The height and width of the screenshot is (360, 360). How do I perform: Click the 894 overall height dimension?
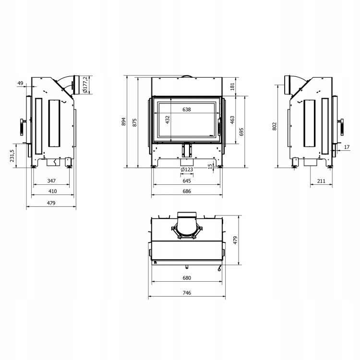(123, 121)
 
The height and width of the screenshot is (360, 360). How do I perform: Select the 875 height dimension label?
(134, 122)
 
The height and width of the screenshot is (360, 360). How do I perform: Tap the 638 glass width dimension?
(187, 109)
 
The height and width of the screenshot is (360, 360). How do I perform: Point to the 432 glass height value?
(168, 120)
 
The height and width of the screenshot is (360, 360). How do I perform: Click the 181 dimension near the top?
(232, 86)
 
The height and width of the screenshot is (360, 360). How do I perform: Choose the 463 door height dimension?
(232, 120)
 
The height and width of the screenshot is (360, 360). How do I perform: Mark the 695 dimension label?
(241, 132)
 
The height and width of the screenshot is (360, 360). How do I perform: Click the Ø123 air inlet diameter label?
(187, 169)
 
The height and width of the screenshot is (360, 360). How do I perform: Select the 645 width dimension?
(187, 181)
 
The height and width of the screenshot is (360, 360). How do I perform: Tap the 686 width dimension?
(187, 191)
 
